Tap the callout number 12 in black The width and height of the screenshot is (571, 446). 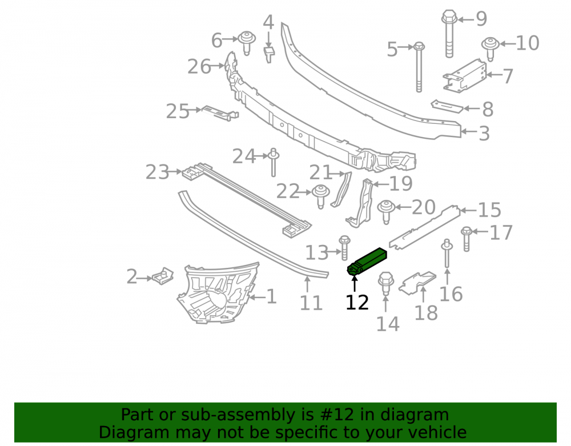tap(357, 303)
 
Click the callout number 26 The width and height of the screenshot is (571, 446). tap(199, 67)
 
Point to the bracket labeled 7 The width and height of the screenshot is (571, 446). tap(465, 75)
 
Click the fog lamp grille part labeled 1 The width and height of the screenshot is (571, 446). tap(218, 293)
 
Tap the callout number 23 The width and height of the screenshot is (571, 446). tap(158, 172)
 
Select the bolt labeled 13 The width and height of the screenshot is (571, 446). tap(344, 248)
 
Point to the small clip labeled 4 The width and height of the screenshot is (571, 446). tap(269, 54)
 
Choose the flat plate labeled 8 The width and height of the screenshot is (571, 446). tap(447, 106)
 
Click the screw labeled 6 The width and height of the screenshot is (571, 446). tap(247, 43)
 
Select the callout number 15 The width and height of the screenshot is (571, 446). tap(489, 210)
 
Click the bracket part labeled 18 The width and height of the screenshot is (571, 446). tap(418, 283)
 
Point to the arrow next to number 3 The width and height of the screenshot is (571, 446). tap(468, 131)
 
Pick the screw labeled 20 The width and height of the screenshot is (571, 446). tap(386, 211)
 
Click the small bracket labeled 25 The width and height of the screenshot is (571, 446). tap(220, 113)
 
